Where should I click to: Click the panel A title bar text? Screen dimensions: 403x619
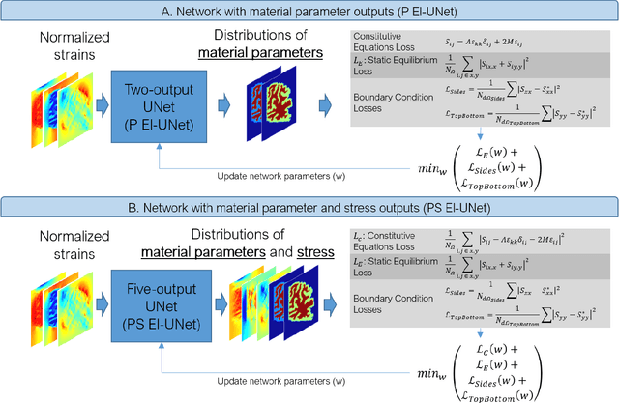[309, 11]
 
